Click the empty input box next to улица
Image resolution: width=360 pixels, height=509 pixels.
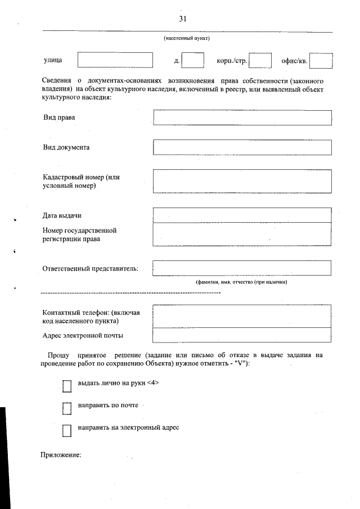click(x=115, y=60)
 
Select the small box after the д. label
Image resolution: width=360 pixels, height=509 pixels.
click(x=193, y=60)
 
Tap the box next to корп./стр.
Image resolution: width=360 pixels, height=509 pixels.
click(x=260, y=60)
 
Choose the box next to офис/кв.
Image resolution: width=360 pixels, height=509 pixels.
click(x=321, y=60)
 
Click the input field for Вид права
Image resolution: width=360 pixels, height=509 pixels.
click(x=242, y=118)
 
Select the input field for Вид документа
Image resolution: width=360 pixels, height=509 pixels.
click(x=242, y=147)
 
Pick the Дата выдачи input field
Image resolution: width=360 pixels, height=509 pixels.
click(x=242, y=215)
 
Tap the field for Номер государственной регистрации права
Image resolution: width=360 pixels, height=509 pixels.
click(x=242, y=235)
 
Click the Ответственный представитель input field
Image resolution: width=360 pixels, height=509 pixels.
click(x=242, y=268)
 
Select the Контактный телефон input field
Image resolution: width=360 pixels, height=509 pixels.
click(x=242, y=316)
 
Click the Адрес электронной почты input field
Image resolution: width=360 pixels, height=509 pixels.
click(x=242, y=335)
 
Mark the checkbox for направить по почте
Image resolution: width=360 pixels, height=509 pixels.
click(x=67, y=408)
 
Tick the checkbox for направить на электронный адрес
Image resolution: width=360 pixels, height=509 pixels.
click(x=67, y=430)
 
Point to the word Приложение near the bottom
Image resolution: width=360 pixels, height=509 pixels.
click(x=62, y=455)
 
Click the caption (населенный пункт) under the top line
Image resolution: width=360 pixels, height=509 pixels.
click(x=187, y=38)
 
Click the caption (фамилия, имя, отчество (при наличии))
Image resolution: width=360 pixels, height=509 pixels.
click(x=241, y=282)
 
